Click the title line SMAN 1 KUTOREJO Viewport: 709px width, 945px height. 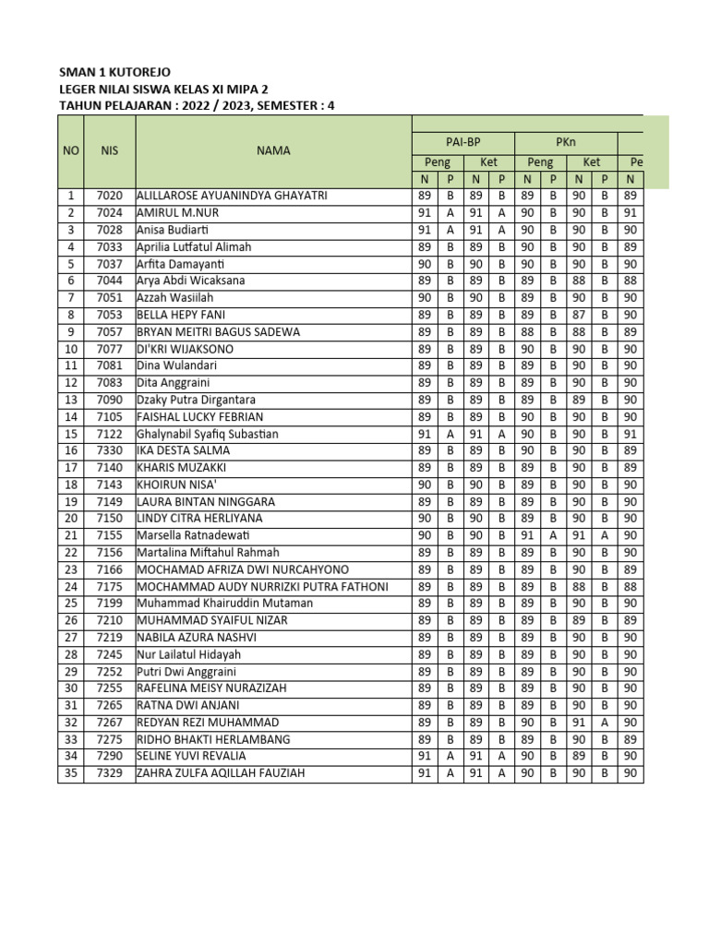coord(114,72)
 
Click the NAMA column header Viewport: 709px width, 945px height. coord(273,150)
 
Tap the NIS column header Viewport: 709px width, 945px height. coord(110,150)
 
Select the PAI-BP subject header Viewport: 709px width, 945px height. coord(462,142)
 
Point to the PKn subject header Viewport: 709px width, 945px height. coord(567,142)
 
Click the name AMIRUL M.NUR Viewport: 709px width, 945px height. coord(178,213)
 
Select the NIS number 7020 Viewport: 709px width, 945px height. coord(110,196)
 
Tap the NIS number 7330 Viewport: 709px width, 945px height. coord(110,450)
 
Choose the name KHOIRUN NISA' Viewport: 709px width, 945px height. coord(181,484)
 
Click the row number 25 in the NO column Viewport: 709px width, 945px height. coord(70,604)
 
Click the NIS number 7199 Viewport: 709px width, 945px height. coord(110,604)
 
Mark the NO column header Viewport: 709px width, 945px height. coord(70,150)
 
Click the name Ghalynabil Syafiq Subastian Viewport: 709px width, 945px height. coord(221,434)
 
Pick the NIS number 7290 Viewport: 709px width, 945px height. coord(110,757)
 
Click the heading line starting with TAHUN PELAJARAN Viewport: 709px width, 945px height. coord(197,105)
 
